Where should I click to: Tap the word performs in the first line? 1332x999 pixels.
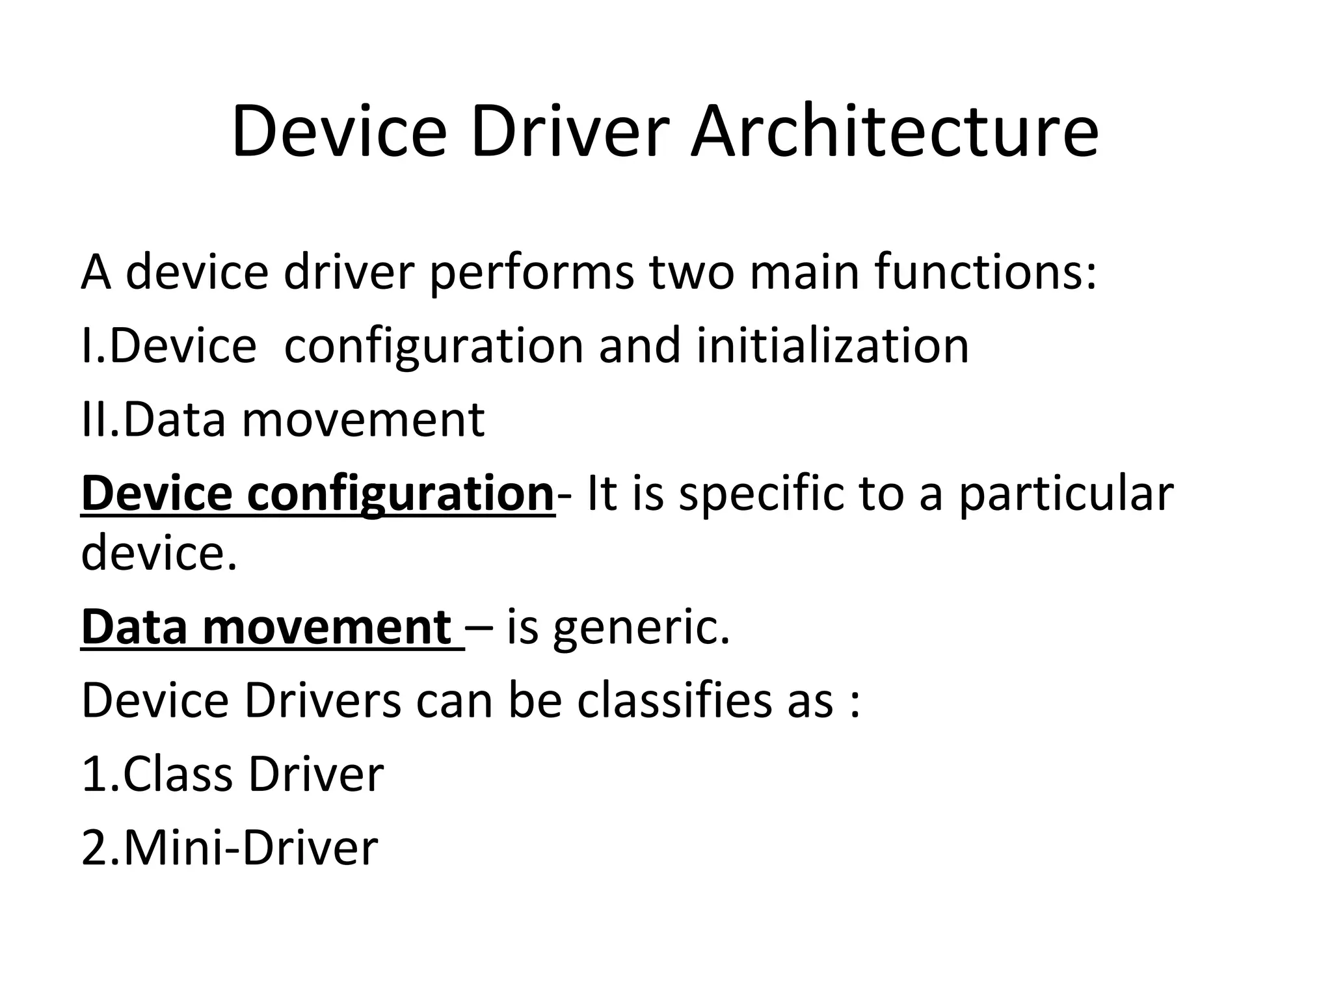click(531, 273)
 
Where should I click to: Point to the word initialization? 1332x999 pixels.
click(832, 346)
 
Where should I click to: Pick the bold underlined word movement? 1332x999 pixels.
click(327, 628)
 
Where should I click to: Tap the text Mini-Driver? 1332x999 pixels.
click(250, 848)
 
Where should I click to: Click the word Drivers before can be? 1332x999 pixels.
click(323, 701)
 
